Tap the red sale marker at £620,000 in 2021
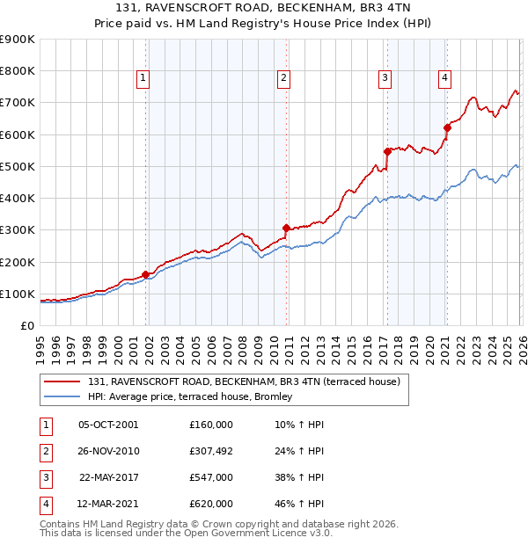[x=447, y=128]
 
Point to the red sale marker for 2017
[x=387, y=151]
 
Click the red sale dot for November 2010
[x=286, y=228]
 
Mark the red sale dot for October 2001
[x=145, y=274]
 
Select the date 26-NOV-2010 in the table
[x=108, y=451]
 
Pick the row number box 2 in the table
[x=43, y=451]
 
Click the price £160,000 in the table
[x=210, y=425]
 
